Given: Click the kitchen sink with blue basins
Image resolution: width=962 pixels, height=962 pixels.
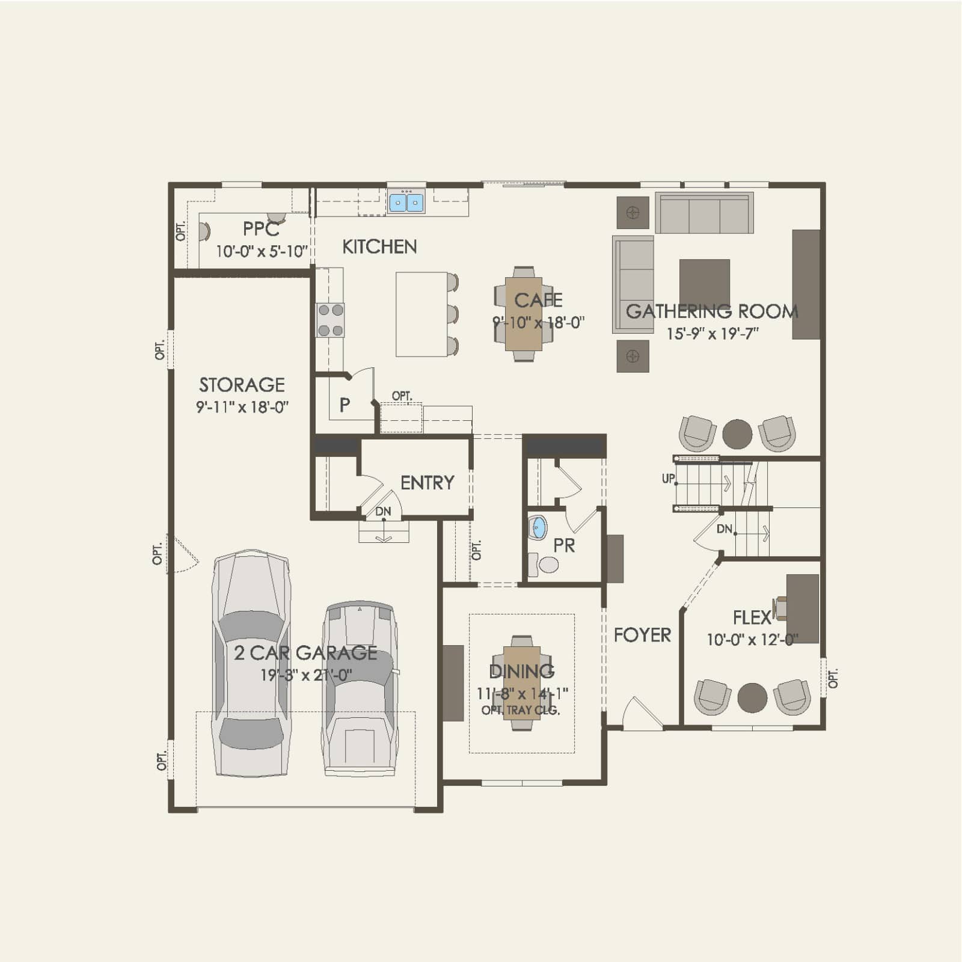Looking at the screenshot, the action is tap(406, 201).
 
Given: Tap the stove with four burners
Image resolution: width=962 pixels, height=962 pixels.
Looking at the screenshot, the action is tap(331, 320).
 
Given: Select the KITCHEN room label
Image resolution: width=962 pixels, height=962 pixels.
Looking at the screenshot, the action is tap(379, 247).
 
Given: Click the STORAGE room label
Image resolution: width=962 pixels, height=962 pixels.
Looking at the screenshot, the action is tap(242, 385).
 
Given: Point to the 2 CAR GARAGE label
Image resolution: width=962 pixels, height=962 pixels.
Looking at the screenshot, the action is tap(305, 653).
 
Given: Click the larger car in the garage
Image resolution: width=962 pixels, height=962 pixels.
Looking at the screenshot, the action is tap(251, 663).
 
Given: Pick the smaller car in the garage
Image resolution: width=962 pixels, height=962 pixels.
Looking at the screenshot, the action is tap(360, 688).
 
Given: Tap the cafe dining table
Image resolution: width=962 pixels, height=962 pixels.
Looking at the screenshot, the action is tap(524, 313).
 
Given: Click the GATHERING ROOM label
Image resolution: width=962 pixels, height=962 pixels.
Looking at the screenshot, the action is tap(712, 311).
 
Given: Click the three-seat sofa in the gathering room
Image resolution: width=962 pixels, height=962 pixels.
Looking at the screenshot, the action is tap(704, 213).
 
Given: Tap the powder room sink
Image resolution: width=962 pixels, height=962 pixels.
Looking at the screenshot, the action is tap(537, 528).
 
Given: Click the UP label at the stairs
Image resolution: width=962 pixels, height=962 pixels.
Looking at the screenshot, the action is tap(669, 479).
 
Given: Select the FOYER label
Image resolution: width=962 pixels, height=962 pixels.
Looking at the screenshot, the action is tap(642, 635).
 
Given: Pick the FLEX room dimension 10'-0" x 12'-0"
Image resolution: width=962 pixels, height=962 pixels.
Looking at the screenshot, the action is tap(752, 640).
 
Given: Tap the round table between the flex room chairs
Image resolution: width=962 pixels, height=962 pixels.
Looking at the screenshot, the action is tap(752, 697).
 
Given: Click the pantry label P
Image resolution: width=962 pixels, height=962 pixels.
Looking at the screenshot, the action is tap(345, 405).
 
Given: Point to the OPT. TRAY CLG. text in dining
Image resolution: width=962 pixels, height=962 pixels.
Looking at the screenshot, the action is tap(521, 710).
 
